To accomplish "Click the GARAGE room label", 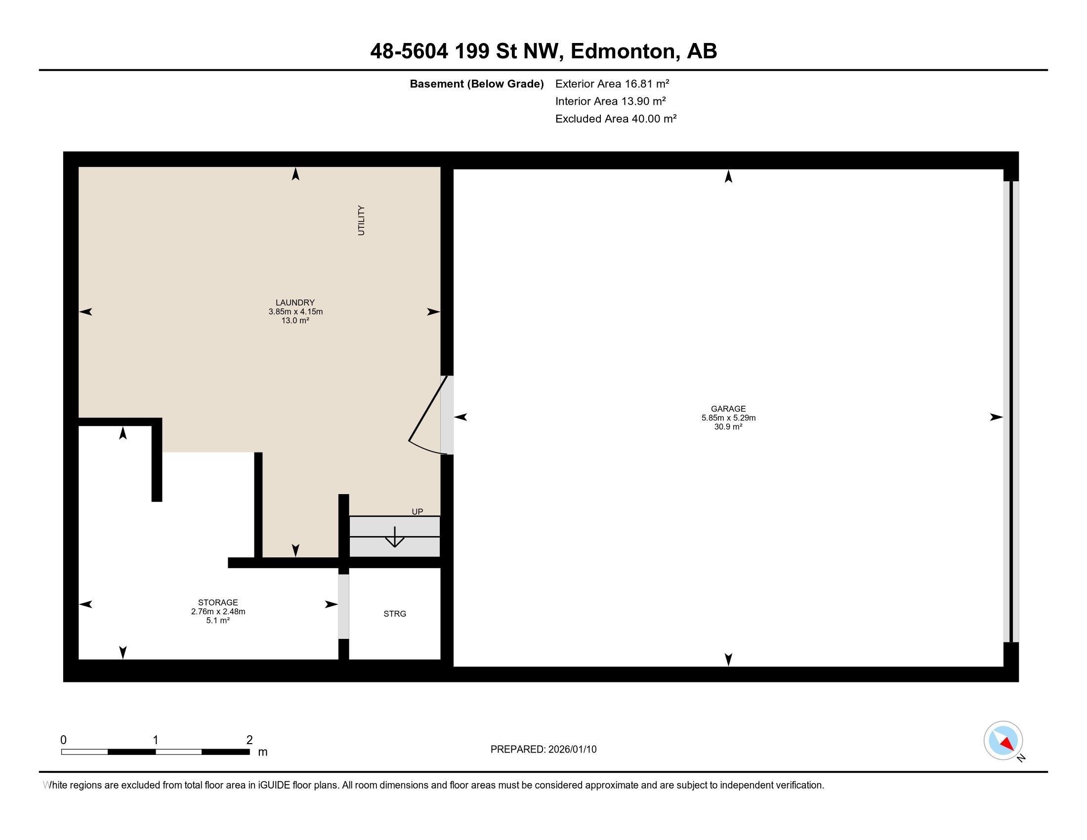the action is pyautogui.click(x=728, y=409).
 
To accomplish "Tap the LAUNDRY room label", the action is pyautogui.click(x=295, y=302).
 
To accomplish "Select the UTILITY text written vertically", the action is pyautogui.click(x=361, y=220).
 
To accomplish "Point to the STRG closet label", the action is pyautogui.click(x=395, y=614).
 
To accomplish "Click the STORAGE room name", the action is pyautogui.click(x=218, y=603).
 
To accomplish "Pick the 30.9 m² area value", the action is pyautogui.click(x=728, y=426).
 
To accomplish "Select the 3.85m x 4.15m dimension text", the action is pyautogui.click(x=295, y=311).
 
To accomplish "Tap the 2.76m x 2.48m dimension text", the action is pyautogui.click(x=218, y=612).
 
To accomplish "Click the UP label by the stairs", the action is pyautogui.click(x=417, y=511).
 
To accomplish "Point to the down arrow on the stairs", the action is pyautogui.click(x=395, y=537).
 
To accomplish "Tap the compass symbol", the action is pyautogui.click(x=1003, y=741).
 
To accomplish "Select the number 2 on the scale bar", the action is pyautogui.click(x=250, y=740).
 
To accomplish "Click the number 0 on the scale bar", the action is pyautogui.click(x=63, y=740).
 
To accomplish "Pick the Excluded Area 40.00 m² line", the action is pyautogui.click(x=616, y=119).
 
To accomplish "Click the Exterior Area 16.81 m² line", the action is pyautogui.click(x=612, y=84).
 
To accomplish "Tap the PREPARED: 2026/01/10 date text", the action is pyautogui.click(x=543, y=750).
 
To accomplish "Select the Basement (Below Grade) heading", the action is pyautogui.click(x=476, y=84).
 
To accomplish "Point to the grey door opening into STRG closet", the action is pyautogui.click(x=343, y=607).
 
